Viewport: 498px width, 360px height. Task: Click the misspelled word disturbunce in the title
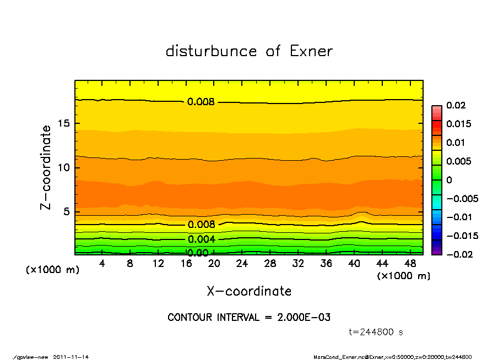click(211, 51)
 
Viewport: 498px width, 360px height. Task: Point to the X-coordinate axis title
click(249, 291)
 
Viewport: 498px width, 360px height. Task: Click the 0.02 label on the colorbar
click(457, 105)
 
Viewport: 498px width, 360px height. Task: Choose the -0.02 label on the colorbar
click(458, 254)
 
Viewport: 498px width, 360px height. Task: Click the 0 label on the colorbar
click(449, 180)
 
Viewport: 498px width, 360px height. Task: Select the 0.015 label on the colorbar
click(459, 124)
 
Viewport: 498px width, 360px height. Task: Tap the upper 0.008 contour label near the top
click(201, 101)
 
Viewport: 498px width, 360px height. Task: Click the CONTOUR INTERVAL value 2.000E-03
click(304, 318)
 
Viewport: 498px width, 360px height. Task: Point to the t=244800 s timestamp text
click(376, 332)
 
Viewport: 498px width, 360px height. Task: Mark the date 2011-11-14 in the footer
click(71, 357)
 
